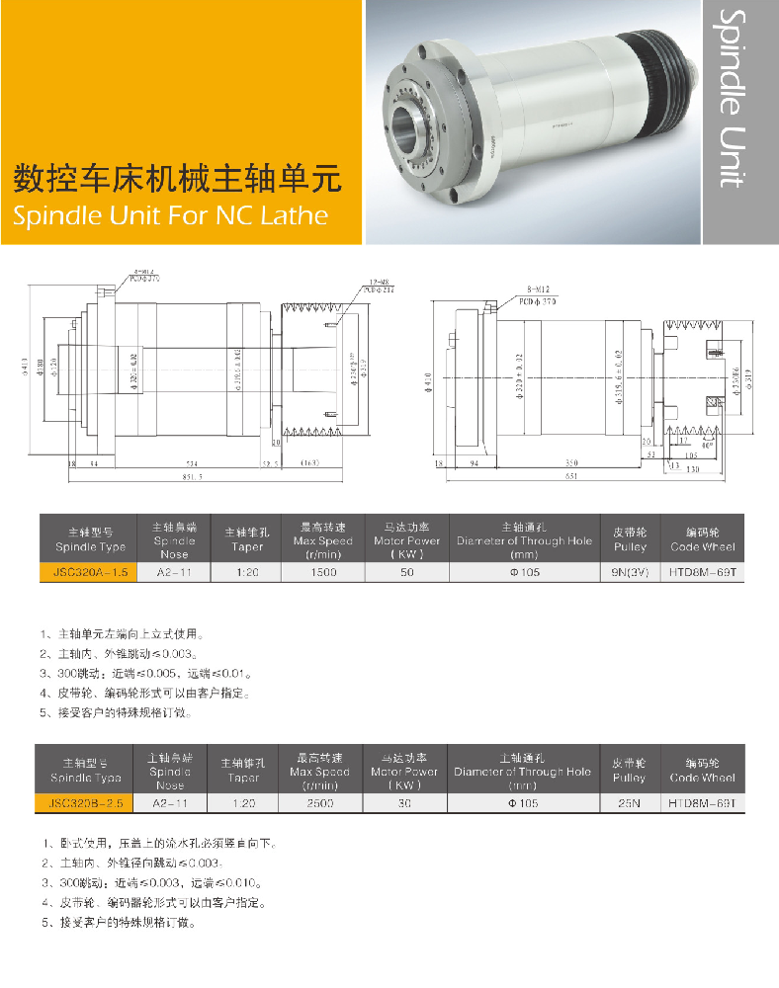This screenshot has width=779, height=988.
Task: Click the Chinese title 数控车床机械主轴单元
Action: coord(175,179)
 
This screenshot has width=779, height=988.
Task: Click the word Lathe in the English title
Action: coord(292,215)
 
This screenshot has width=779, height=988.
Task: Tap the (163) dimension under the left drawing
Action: coord(308,462)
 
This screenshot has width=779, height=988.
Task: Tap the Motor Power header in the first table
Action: coord(406,539)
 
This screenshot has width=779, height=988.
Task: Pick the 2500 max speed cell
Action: coord(319,804)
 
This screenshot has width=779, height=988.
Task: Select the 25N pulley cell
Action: coord(628,804)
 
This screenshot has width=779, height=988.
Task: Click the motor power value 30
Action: coord(403,804)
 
